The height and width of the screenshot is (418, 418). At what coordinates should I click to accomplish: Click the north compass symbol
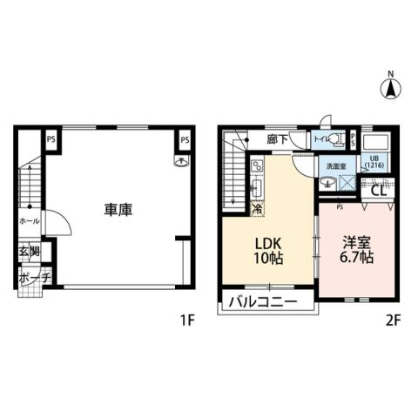point(390,86)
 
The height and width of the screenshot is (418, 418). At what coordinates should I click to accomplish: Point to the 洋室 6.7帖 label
point(357,250)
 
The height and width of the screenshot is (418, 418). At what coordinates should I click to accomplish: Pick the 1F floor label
point(186,320)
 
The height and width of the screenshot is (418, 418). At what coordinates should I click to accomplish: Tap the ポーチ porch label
point(30,278)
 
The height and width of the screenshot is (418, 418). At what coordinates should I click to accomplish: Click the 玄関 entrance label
point(30,253)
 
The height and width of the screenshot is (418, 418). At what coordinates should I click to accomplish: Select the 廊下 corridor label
point(256,137)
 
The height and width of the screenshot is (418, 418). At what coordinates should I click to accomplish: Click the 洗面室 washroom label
point(335,165)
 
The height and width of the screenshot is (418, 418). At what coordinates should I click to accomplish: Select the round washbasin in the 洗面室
point(326,181)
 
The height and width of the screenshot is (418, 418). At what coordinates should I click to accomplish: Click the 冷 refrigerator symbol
point(257,208)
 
